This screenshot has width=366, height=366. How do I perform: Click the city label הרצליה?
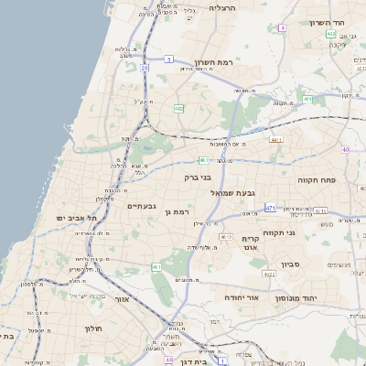[x=222, y=7]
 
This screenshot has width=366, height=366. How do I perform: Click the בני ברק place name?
[x=198, y=178]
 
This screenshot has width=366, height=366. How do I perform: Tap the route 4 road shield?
[x=284, y=28]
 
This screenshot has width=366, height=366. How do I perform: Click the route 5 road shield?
[x=169, y=59]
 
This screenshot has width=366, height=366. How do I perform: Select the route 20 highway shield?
[x=145, y=68]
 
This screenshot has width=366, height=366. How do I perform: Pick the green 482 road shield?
[x=178, y=108]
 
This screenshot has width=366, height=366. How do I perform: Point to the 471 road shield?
[x=271, y=209]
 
